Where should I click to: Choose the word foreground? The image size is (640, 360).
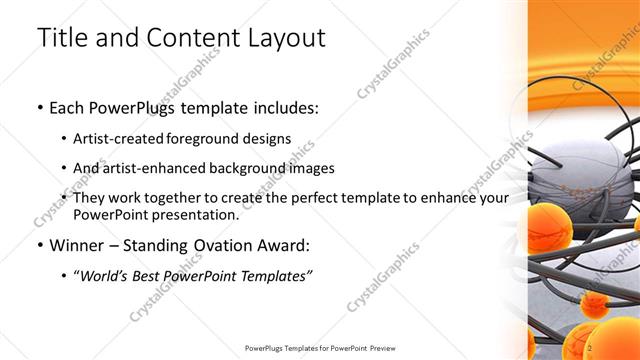point(213,138)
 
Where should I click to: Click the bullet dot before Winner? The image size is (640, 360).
point(39,246)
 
